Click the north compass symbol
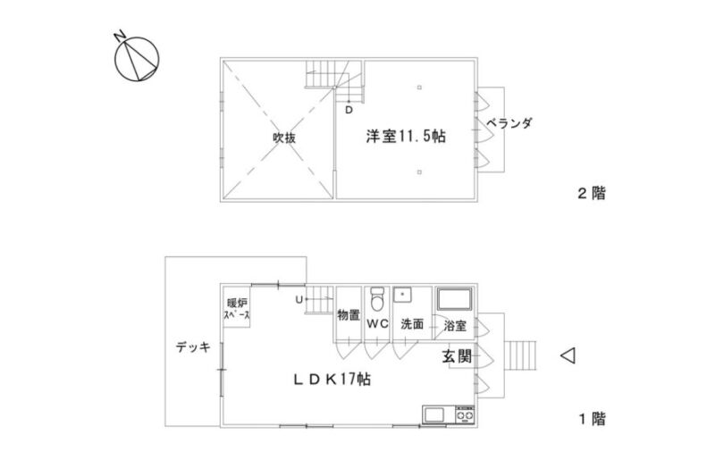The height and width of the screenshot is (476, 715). click(137, 58)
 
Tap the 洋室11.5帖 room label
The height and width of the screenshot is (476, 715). click(406, 137)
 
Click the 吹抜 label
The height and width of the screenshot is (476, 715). click(284, 138)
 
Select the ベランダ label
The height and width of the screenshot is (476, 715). click(509, 123)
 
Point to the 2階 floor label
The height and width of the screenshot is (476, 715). click(592, 193)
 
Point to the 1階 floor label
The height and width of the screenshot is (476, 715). click(593, 418)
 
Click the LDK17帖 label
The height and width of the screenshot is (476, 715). click(332, 379)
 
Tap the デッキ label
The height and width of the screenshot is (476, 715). click(193, 347)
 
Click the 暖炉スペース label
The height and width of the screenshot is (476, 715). click(237, 309)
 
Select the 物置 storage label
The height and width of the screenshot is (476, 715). click(349, 314)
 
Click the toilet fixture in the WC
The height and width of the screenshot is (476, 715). click(377, 299)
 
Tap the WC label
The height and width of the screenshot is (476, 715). click(378, 324)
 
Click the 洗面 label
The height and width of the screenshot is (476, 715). click(412, 324)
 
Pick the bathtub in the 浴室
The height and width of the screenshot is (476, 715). click(455, 299)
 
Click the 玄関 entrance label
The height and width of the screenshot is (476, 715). click(457, 355)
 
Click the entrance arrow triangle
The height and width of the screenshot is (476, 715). click(568, 355)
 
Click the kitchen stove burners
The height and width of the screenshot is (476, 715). click(465, 415)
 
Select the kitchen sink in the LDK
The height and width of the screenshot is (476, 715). click(433, 415)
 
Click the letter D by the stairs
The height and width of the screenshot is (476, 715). click(349, 110)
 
